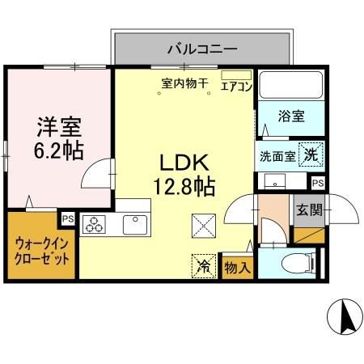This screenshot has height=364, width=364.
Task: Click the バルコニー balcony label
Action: click(x=202, y=49)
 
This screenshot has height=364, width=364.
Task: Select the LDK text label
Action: click(x=186, y=159)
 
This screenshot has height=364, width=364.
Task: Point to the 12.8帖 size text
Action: click(x=186, y=186)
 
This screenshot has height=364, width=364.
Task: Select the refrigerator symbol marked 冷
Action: click(x=205, y=264)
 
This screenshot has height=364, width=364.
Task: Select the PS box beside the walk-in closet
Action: click(x=68, y=218)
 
